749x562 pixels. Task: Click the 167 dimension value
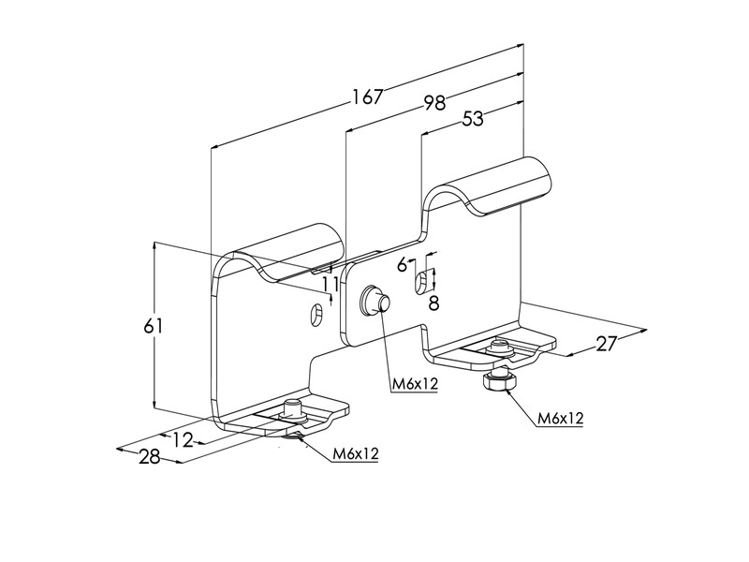pos(368,96)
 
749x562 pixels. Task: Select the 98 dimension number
pos(434,103)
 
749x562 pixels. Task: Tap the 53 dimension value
pos(473,119)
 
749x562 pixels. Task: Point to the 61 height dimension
pos(154,326)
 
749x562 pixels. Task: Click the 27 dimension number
pos(607,343)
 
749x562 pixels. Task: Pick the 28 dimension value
pos(150,457)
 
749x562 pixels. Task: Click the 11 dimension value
pos(330,285)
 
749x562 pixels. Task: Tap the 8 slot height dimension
pos(433,303)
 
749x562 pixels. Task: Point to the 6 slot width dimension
pos(403,264)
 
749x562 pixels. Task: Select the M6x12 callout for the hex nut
pos(560,419)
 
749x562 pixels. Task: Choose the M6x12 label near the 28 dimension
pos(356,453)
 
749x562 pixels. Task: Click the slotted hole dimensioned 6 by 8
pos(420,284)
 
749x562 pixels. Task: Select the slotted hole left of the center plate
pos(316,314)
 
